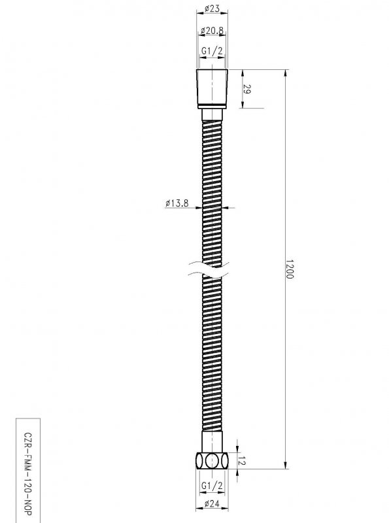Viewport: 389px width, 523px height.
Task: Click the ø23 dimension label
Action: point(211,9)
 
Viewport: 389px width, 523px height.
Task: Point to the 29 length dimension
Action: point(246,88)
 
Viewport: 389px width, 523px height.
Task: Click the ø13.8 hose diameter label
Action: point(177,204)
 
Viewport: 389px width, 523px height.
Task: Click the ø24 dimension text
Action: point(211,504)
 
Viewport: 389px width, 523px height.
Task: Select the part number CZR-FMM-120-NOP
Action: point(27,469)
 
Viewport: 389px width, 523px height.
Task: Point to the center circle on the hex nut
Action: point(211,461)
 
